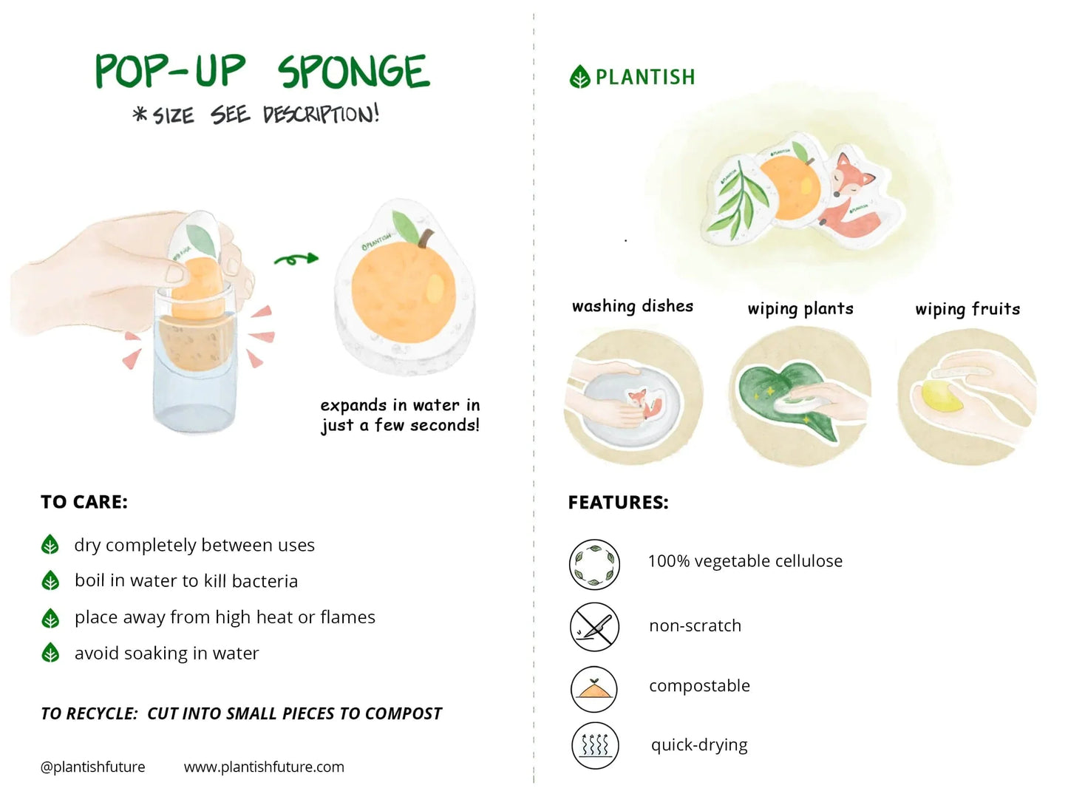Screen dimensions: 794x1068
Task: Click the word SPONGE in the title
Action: pyautogui.click(x=353, y=72)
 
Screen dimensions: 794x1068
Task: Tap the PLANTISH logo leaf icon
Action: pyautogui.click(x=580, y=76)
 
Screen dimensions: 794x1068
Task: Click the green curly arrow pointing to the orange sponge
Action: pyautogui.click(x=296, y=259)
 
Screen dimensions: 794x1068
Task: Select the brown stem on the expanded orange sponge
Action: pyautogui.click(x=425, y=238)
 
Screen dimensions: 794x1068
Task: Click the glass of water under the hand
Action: pyautogui.click(x=194, y=384)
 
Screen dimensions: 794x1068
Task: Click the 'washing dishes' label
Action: pyautogui.click(x=633, y=306)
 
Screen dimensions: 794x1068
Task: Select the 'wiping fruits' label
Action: pyautogui.click(x=967, y=309)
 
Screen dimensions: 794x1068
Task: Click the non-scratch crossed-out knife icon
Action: pyautogui.click(x=594, y=627)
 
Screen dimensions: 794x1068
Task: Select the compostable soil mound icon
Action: pyautogui.click(x=594, y=688)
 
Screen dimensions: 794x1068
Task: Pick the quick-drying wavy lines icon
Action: pyautogui.click(x=594, y=745)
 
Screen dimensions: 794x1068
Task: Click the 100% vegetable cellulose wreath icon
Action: pyautogui.click(x=594, y=564)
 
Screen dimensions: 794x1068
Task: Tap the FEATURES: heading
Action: pyautogui.click(x=618, y=503)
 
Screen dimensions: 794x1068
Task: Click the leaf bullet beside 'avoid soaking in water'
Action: pyautogui.click(x=50, y=653)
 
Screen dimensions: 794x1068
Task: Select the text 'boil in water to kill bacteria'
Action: pyautogui.click(x=186, y=581)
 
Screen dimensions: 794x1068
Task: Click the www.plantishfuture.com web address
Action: pyautogui.click(x=264, y=767)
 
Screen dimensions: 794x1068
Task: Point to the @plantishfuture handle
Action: pyautogui.click(x=93, y=767)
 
